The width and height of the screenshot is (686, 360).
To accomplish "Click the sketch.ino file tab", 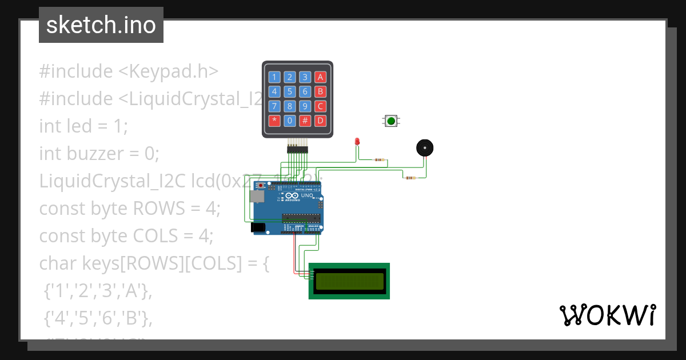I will coord(101,25).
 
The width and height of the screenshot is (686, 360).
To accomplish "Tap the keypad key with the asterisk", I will coord(274,121).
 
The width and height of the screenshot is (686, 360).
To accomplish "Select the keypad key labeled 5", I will coord(290,91).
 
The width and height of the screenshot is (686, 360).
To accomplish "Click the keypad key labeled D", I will coord(321,121).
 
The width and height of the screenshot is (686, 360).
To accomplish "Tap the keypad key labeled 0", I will coord(290,121).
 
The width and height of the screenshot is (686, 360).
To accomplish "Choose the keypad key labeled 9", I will coord(305,106).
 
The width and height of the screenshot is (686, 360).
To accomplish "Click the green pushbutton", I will coord(391,121).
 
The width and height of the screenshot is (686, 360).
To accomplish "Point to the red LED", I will coord(357,141).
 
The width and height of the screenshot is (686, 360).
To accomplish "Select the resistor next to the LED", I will coord(379,160).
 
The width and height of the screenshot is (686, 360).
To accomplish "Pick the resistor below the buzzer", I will coord(410,178).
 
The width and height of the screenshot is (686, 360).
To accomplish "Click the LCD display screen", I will coord(349,281).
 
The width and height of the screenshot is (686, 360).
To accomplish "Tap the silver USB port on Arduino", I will coord(257,196).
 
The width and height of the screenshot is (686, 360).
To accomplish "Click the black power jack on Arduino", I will coord(258,227).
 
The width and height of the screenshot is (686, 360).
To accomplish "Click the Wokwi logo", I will coord(607,315).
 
